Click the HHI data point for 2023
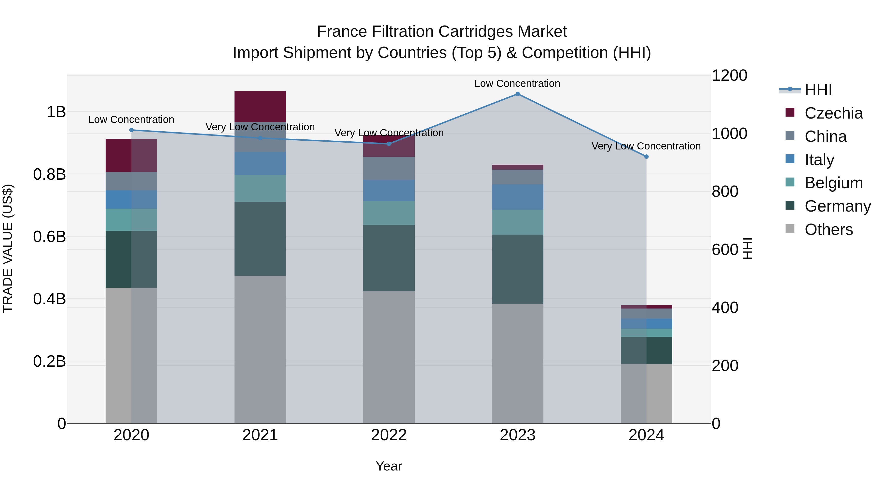coord(517,94)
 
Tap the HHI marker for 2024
coord(646,157)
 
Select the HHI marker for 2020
coord(131,130)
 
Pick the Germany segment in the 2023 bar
coord(517,269)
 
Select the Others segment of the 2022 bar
coord(389,357)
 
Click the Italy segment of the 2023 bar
coord(517,197)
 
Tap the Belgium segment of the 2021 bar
coord(260,188)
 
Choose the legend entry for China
coord(825,136)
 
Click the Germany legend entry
coord(837,206)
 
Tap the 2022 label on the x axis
coord(389,435)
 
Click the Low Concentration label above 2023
coord(517,83)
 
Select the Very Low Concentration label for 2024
coord(646,146)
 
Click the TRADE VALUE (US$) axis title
coord(8,248)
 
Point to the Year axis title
coord(389,466)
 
